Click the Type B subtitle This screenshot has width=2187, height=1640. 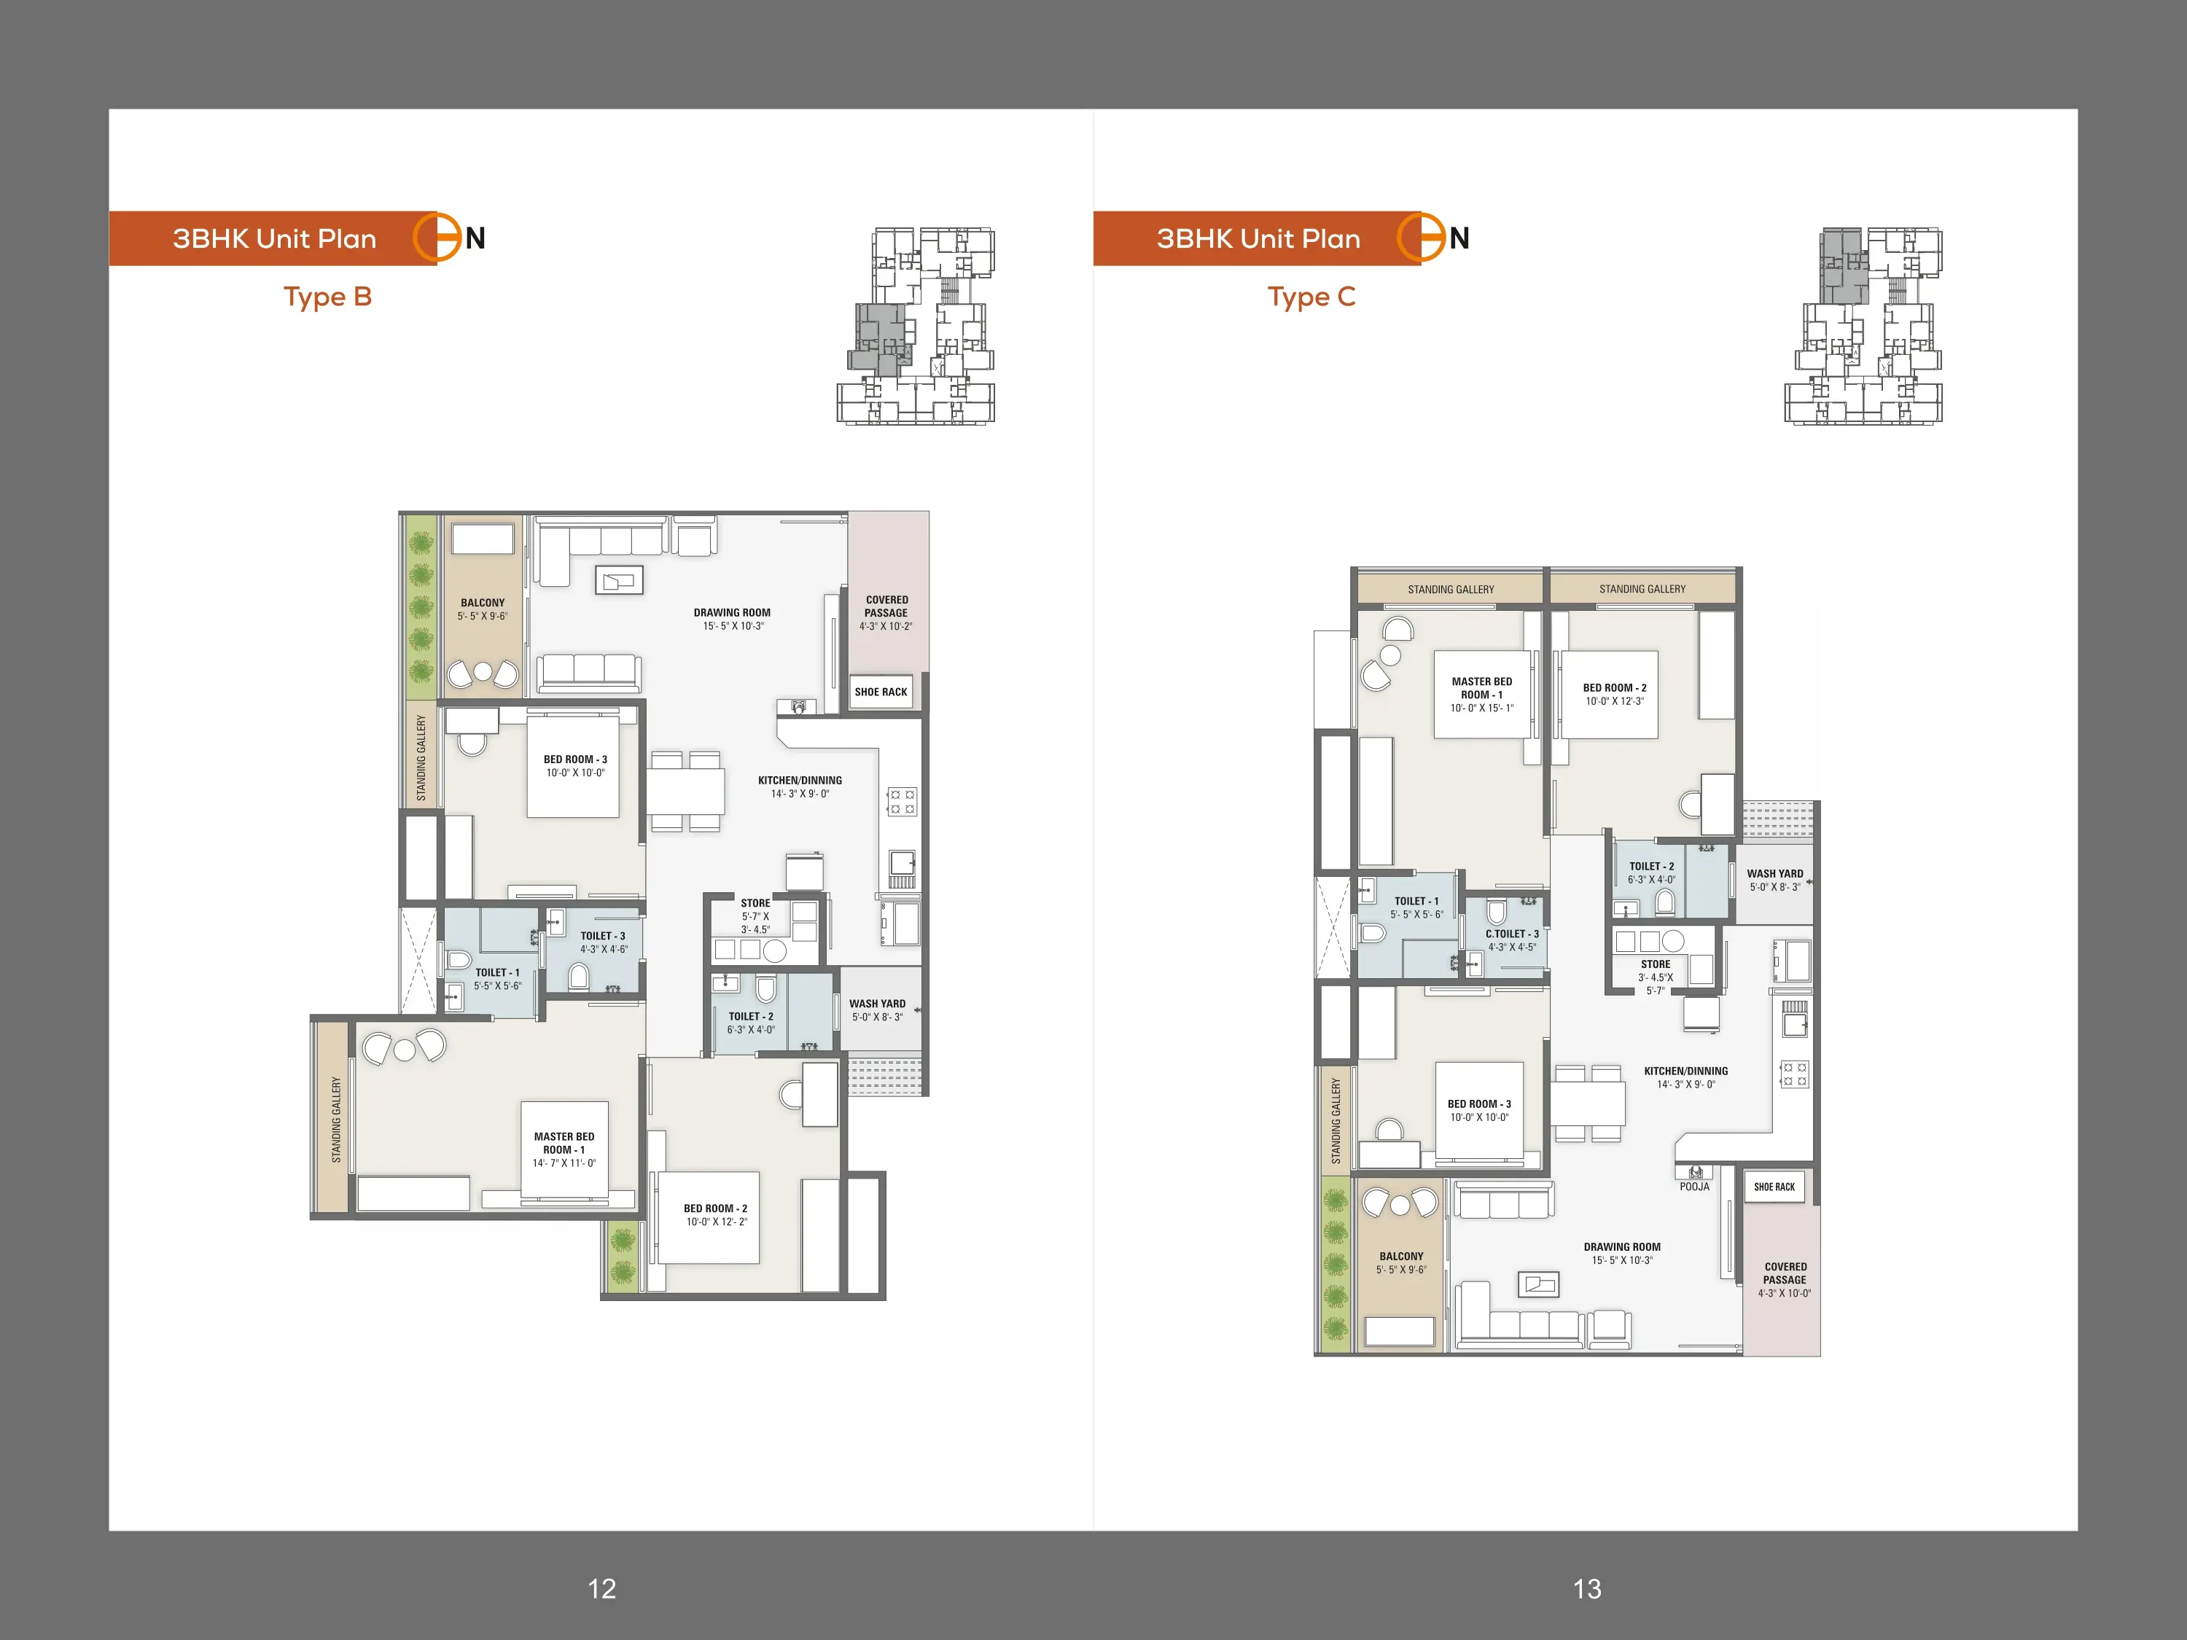point(327,297)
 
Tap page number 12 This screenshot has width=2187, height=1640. point(601,1588)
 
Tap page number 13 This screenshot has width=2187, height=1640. point(1587,1588)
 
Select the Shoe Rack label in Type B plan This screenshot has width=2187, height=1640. point(881,692)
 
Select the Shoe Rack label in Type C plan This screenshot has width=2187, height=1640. point(1774,1187)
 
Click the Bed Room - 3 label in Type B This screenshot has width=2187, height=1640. point(575,760)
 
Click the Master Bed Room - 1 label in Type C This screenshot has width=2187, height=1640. point(1481,688)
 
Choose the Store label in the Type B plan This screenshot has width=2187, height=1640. point(755,902)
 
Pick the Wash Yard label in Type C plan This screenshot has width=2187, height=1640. point(1774,874)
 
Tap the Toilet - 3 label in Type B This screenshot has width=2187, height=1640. point(603,935)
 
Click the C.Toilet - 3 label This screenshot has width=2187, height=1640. point(1512,933)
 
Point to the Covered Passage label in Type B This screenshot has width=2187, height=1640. point(887,606)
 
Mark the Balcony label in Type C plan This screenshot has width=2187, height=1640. point(1401,1257)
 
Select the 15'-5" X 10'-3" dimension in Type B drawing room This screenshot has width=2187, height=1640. point(733,625)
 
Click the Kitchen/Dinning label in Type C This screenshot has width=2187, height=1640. point(1685,1071)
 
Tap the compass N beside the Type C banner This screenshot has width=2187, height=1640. point(1459,238)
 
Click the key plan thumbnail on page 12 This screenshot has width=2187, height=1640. point(916,327)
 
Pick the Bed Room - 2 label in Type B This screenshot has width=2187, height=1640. point(716,1208)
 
